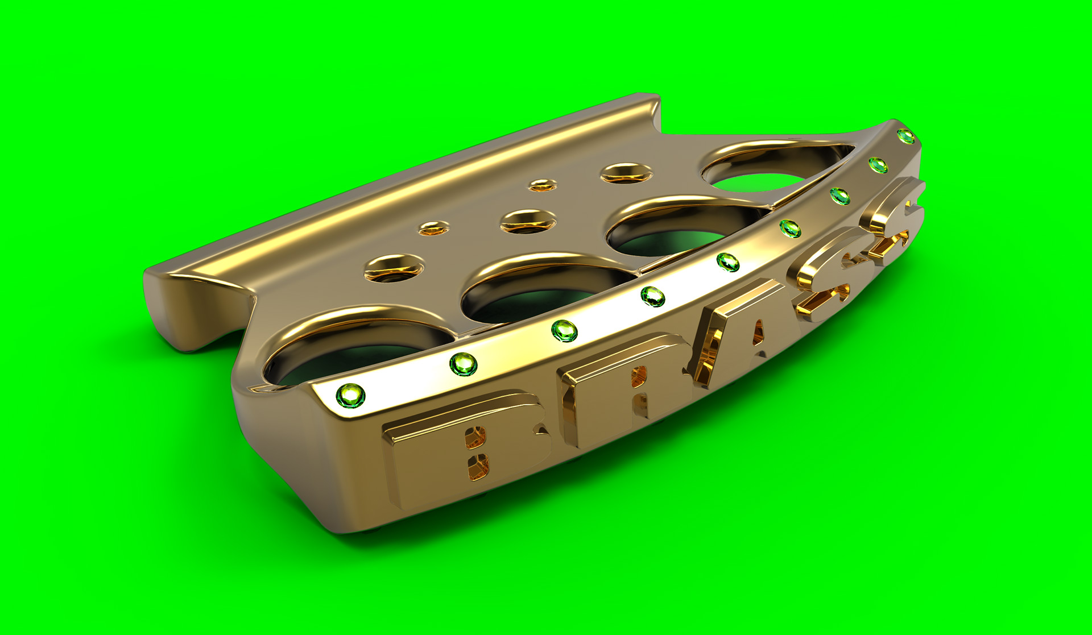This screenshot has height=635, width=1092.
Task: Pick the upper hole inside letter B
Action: (x=475, y=435)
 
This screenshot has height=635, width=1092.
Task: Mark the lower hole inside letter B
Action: (x=478, y=467)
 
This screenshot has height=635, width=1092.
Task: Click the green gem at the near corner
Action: (x=350, y=395)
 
